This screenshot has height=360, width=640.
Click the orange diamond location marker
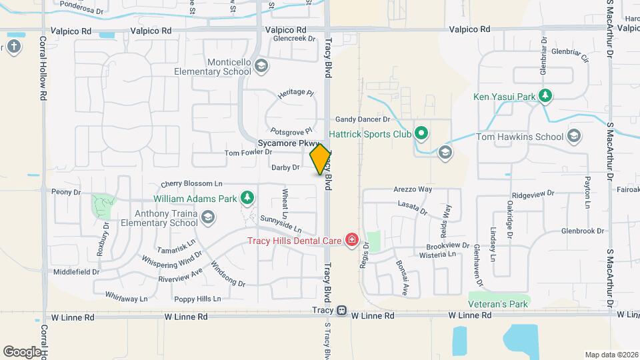(320, 159)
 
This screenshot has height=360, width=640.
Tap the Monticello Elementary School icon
(261, 65)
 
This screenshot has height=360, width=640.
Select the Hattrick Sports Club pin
(421, 133)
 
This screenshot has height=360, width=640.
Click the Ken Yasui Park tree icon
(545, 97)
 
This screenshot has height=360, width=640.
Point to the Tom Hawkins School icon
(573, 137)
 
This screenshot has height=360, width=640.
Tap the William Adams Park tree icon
(247, 198)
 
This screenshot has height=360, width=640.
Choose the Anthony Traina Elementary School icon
(209, 217)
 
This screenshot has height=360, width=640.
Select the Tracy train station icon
(341, 311)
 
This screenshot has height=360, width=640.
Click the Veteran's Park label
(498, 304)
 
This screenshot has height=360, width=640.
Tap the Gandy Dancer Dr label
(362, 119)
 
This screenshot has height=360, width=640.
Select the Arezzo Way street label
(413, 189)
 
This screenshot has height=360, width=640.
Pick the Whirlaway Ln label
(126, 299)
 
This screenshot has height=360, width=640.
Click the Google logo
(22, 351)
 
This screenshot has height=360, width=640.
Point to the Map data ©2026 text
(611, 354)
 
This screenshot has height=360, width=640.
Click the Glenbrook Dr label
(585, 231)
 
